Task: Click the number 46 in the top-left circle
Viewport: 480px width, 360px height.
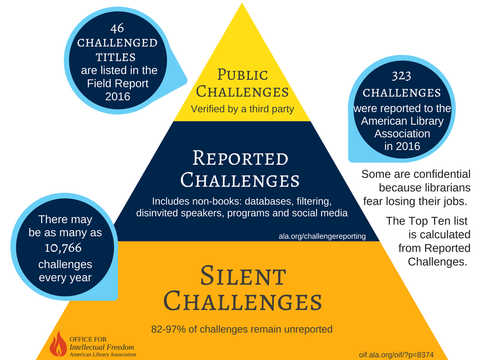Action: pyautogui.click(x=117, y=28)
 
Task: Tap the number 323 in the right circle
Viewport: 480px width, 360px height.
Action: pyautogui.click(x=402, y=75)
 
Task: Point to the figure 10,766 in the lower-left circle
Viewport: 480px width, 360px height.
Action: pyautogui.click(x=63, y=248)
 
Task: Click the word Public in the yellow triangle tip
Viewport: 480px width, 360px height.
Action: pyautogui.click(x=242, y=75)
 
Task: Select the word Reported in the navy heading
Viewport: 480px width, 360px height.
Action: pyautogui.click(x=240, y=158)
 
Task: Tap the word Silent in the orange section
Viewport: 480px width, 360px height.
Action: pyautogui.click(x=243, y=276)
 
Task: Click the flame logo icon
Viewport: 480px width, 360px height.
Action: pyautogui.click(x=58, y=344)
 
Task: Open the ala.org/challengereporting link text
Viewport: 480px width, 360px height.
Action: pyautogui.click(x=322, y=236)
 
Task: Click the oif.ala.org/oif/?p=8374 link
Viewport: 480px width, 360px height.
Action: pyautogui.click(x=396, y=355)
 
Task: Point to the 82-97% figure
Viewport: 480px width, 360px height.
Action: pyautogui.click(x=168, y=329)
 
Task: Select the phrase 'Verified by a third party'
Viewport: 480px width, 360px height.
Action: pyautogui.click(x=242, y=109)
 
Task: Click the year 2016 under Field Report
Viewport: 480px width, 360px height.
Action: pyautogui.click(x=118, y=97)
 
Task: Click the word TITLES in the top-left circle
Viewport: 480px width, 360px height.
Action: pyautogui.click(x=116, y=57)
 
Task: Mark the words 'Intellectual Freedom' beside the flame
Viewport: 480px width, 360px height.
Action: pyautogui.click(x=102, y=347)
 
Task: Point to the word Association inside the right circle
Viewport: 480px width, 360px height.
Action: pyautogui.click(x=402, y=134)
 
